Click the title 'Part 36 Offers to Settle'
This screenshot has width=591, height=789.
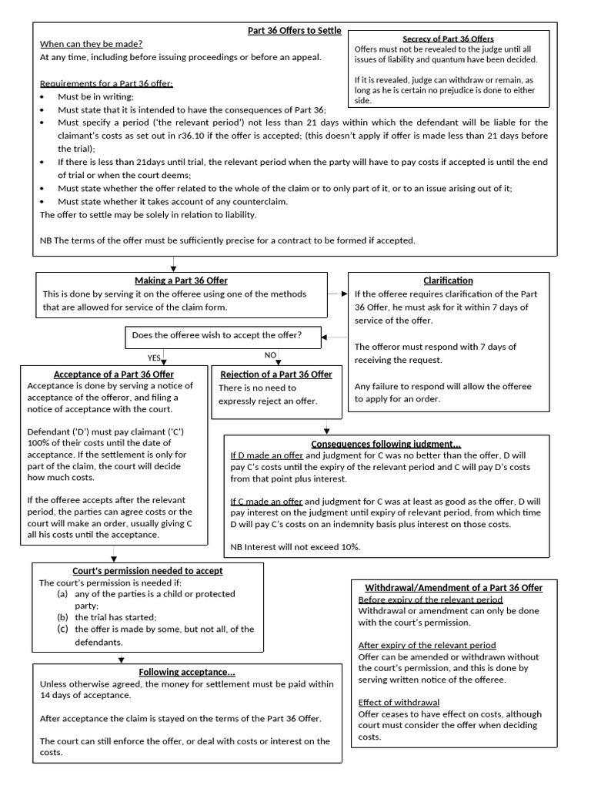[x=295, y=30]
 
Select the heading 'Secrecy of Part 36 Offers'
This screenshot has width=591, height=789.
[x=448, y=39]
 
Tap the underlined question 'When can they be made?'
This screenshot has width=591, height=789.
[x=92, y=44]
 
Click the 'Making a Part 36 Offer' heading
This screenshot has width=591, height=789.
[x=181, y=280]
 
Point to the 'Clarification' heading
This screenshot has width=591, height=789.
[x=448, y=280]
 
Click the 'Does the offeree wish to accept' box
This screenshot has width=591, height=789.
[x=217, y=335]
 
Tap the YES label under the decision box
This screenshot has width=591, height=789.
[x=154, y=358]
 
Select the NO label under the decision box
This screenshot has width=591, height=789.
[x=270, y=355]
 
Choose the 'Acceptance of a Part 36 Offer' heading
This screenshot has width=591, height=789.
[x=114, y=374]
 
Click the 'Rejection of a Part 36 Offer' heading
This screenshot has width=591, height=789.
[x=276, y=374]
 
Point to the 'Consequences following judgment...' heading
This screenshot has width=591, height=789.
[x=386, y=444]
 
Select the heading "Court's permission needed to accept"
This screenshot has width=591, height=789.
[x=147, y=571]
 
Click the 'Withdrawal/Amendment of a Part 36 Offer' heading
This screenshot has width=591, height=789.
[x=453, y=587]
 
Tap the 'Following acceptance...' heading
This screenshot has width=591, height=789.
[x=186, y=672]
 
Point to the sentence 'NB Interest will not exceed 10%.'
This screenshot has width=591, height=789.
[x=295, y=546]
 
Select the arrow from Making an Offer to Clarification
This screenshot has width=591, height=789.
[x=339, y=294]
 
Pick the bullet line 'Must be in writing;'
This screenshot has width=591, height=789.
[x=95, y=96]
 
